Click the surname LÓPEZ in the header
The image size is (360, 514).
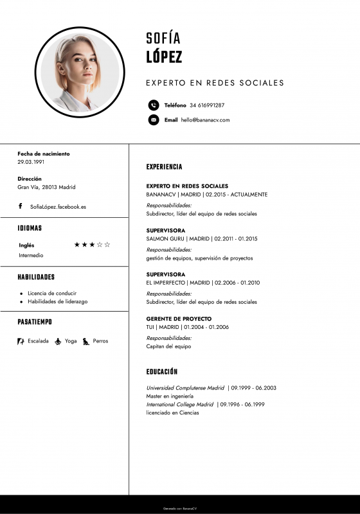click(x=164, y=57)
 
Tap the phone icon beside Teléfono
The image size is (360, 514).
click(x=153, y=105)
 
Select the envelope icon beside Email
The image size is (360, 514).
click(x=153, y=120)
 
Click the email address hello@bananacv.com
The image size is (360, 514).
click(x=205, y=120)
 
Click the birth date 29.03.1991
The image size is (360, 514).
click(x=31, y=162)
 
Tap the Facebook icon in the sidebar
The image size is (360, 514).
click(x=21, y=206)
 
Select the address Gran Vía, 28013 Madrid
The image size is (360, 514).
click(x=46, y=187)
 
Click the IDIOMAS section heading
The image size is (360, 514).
click(x=30, y=228)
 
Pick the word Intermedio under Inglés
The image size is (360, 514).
click(x=31, y=255)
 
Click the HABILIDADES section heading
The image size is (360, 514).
click(x=36, y=277)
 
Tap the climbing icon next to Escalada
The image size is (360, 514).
click(x=21, y=341)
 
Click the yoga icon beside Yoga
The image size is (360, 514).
click(x=58, y=341)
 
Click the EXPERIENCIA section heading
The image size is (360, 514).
click(x=164, y=167)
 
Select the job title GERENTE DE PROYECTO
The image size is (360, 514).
click(x=179, y=319)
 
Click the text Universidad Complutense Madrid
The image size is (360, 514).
click(x=185, y=388)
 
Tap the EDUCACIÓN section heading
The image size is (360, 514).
click(x=162, y=372)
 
